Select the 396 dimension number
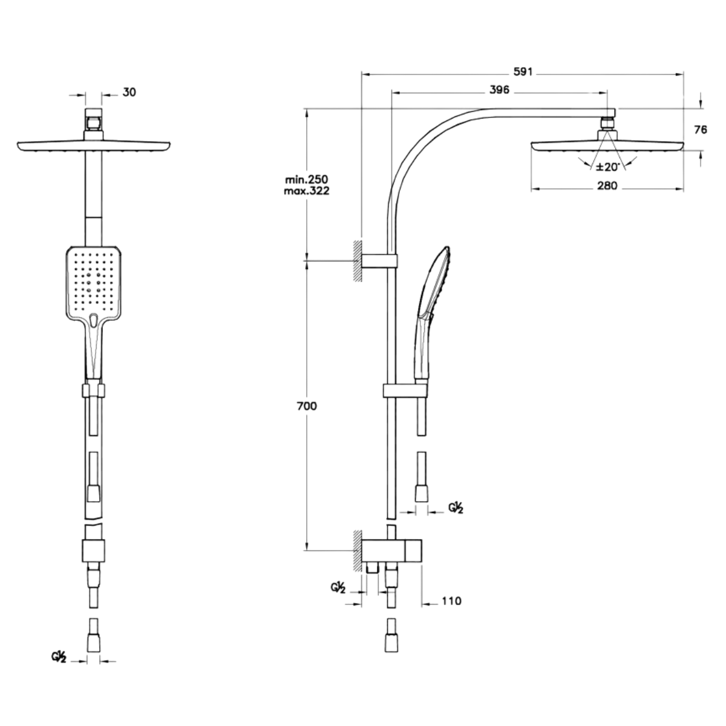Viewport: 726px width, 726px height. click(499, 91)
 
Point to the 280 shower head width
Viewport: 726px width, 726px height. click(606, 186)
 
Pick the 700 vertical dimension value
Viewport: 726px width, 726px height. click(307, 406)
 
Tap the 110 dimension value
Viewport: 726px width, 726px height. click(450, 601)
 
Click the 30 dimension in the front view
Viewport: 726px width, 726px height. click(129, 93)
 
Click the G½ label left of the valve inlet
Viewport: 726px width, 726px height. click(338, 588)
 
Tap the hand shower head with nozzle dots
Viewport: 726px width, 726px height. click(94, 284)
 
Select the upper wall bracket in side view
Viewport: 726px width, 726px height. click(379, 261)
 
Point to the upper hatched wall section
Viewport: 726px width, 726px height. click(358, 261)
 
